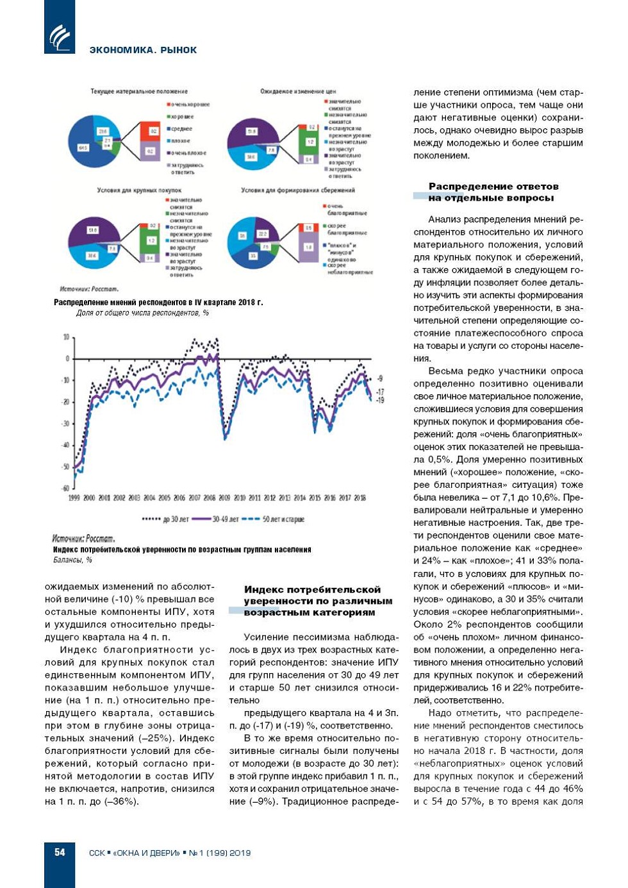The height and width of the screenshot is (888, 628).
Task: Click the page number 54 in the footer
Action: pyautogui.click(x=60, y=852)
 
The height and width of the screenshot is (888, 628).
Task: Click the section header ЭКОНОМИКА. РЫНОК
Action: pyautogui.click(x=143, y=50)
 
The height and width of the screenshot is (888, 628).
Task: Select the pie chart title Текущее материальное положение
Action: pyautogui.click(x=139, y=92)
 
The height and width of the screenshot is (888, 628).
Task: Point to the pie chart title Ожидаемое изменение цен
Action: pyautogui.click(x=298, y=92)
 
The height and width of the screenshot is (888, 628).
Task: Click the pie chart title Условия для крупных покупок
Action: pyautogui.click(x=139, y=190)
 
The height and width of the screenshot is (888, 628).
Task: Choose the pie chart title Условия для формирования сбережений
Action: pyautogui.click(x=298, y=190)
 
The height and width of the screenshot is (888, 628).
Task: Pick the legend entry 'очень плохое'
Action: pyautogui.click(x=188, y=153)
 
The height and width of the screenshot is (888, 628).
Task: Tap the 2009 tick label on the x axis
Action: pyautogui.click(x=224, y=498)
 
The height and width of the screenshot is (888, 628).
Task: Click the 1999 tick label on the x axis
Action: pyautogui.click(x=74, y=498)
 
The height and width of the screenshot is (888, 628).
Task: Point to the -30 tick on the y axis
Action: pyautogui.click(x=65, y=424)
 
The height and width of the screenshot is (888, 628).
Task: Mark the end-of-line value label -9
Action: pyautogui.click(x=379, y=378)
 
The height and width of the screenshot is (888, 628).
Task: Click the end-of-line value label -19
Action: pyautogui.click(x=379, y=400)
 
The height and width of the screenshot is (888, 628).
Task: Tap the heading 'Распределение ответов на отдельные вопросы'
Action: pyautogui.click(x=493, y=192)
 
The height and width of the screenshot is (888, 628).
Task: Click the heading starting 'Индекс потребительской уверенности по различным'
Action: pyautogui.click(x=318, y=601)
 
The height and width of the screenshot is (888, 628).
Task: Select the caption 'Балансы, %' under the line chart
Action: pyautogui.click(x=72, y=560)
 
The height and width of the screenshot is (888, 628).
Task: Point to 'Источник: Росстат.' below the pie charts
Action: pyautogui.click(x=89, y=289)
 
